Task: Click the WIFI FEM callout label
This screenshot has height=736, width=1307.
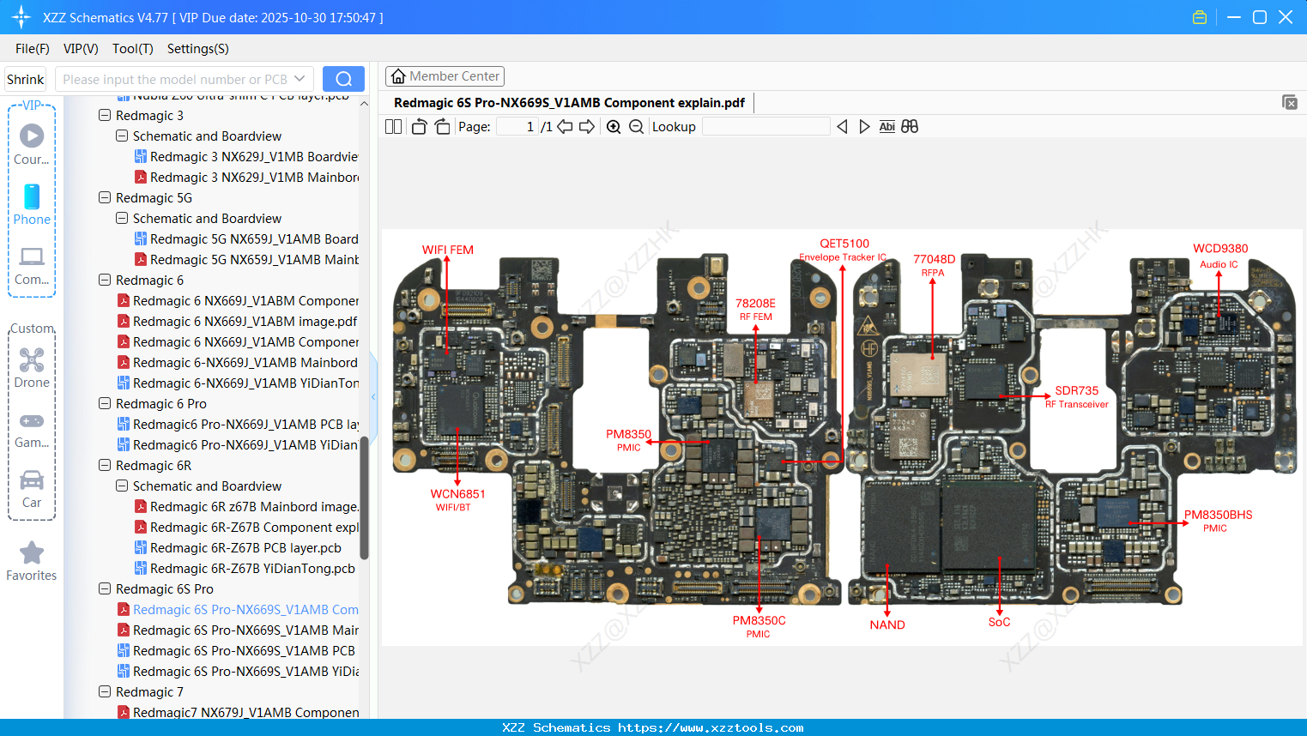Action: click(447, 250)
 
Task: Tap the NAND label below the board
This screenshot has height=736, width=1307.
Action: click(886, 624)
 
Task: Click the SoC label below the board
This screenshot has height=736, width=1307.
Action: click(999, 622)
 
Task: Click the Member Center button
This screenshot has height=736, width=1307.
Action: click(445, 76)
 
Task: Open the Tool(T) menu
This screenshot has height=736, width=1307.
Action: click(132, 49)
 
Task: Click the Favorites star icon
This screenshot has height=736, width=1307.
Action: click(32, 553)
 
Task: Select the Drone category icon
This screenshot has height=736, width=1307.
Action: click(32, 360)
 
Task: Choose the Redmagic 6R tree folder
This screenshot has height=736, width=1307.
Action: click(153, 466)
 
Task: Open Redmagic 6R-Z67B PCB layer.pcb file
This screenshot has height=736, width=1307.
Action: click(245, 548)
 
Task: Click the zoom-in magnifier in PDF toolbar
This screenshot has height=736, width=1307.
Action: click(614, 127)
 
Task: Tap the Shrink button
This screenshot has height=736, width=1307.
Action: click(25, 79)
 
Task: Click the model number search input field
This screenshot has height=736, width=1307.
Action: click(175, 79)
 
